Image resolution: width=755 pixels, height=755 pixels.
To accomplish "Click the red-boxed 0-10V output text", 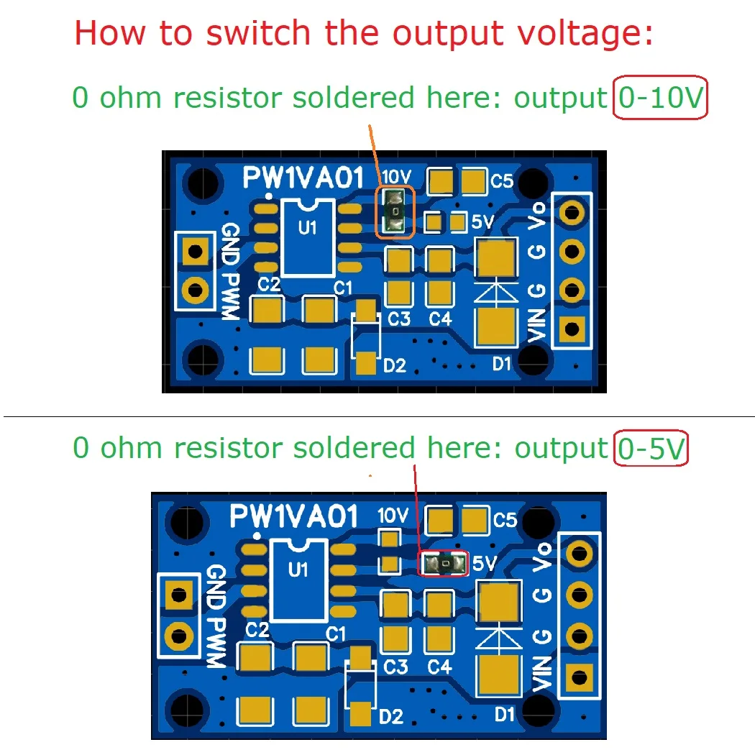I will pyautogui.click(x=661, y=98).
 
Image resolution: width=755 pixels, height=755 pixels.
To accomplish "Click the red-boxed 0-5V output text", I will pyautogui.click(x=651, y=448).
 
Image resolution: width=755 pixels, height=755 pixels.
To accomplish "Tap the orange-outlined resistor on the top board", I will pyautogui.click(x=395, y=211).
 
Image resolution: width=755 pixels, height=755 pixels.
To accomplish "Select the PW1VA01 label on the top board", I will pyautogui.click(x=304, y=177).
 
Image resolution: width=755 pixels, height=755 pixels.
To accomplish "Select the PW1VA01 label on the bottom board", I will pyautogui.click(x=293, y=516).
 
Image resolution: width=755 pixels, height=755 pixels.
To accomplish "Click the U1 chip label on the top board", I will pyautogui.click(x=308, y=229).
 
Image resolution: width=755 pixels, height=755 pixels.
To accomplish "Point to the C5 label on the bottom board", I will pyautogui.click(x=505, y=518).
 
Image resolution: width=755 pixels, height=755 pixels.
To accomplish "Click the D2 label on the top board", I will pyautogui.click(x=394, y=365).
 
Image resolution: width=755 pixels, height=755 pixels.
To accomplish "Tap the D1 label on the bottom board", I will pyautogui.click(x=505, y=715).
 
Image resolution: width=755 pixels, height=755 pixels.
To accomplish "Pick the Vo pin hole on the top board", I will pyautogui.click(x=572, y=211).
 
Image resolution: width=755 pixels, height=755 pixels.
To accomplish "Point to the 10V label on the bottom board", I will pyautogui.click(x=393, y=515).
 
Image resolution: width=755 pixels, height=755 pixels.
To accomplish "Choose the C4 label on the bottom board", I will pyautogui.click(x=439, y=667).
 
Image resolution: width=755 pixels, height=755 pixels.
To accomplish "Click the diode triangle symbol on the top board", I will pyautogui.click(x=496, y=292).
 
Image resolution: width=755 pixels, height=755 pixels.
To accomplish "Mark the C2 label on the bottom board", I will pyautogui.click(x=257, y=631).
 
